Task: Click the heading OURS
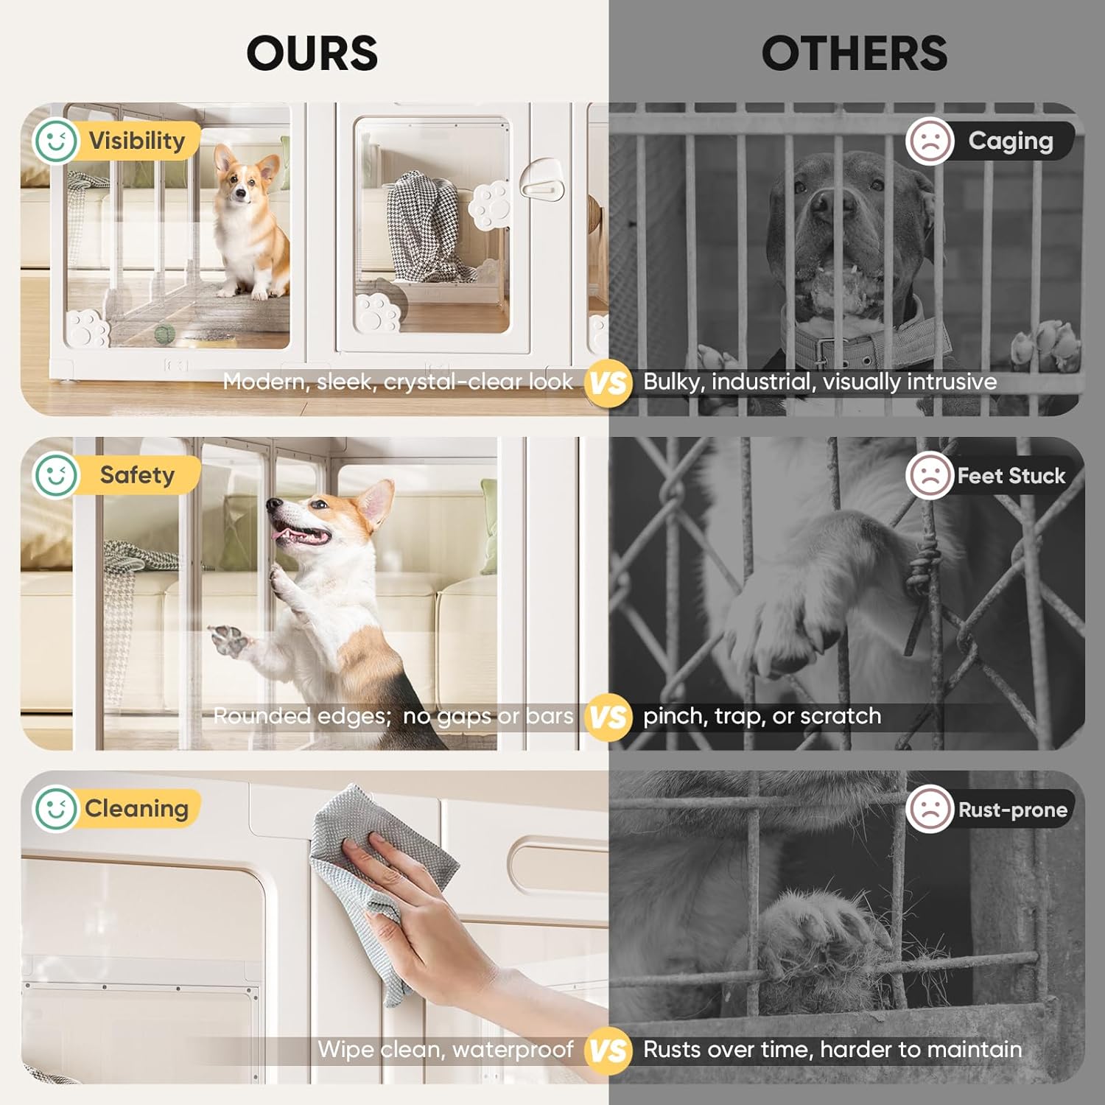312,53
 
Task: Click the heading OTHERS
854,53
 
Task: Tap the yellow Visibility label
137,140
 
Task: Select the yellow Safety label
137,475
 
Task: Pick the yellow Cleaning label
136,809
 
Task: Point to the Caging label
1011,141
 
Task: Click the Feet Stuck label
1011,476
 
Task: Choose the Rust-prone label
1013,810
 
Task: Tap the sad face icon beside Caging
930,141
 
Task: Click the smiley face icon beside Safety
55,475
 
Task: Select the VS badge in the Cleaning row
608,1050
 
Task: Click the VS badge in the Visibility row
608,382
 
